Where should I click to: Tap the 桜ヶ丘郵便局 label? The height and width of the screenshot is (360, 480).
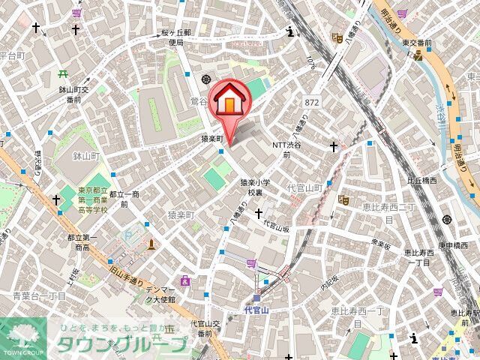pos(176,38)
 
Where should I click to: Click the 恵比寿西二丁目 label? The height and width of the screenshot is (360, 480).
pos(390,212)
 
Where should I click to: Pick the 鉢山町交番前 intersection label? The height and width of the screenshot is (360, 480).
pos(75,94)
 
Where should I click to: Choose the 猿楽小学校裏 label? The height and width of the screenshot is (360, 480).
pos(250,187)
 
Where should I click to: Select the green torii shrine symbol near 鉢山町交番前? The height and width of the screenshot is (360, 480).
pos(61,74)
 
